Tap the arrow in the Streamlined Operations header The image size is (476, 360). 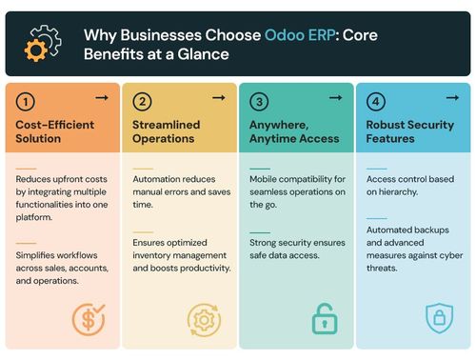218,97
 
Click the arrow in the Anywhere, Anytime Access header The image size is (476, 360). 335,97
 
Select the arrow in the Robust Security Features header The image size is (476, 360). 451,97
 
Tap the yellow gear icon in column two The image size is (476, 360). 204,319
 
